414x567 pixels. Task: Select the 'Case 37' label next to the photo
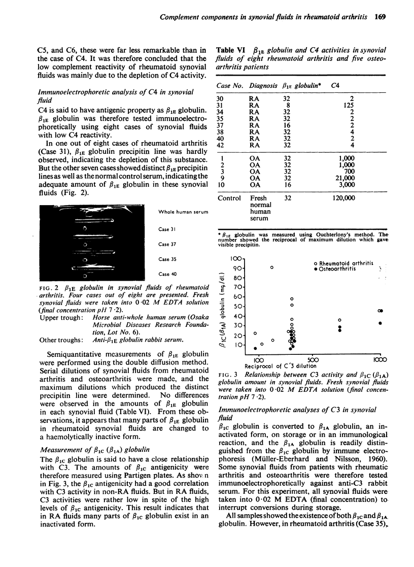pyautogui.click(x=168, y=244)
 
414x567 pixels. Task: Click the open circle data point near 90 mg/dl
pyautogui.click(x=272, y=268)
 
